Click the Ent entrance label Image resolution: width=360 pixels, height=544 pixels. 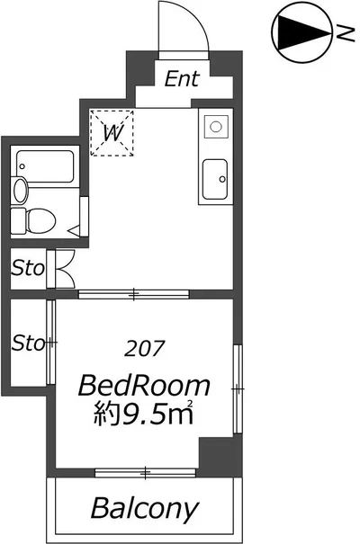click(182, 79)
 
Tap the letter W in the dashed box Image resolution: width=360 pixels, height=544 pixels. click(113, 133)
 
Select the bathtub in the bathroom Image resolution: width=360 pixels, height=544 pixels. click(45, 166)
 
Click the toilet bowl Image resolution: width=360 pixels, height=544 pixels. click(41, 220)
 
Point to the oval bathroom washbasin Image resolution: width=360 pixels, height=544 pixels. click(21, 190)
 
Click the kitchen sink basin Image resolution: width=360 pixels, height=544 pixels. click(215, 179)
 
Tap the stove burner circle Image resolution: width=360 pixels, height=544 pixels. click(216, 127)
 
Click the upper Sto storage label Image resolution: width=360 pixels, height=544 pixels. click(28, 268)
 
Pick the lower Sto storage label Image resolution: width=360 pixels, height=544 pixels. click(28, 343)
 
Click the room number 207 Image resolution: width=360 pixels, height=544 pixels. click(144, 349)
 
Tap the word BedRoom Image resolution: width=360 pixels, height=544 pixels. click(144, 386)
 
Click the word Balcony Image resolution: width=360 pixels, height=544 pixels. click(145, 509)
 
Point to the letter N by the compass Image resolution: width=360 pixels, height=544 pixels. click(345, 33)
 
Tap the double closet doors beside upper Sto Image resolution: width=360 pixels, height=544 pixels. click(65, 269)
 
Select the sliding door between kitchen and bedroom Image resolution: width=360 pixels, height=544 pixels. click(134, 295)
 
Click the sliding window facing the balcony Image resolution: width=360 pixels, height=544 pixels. click(146, 473)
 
